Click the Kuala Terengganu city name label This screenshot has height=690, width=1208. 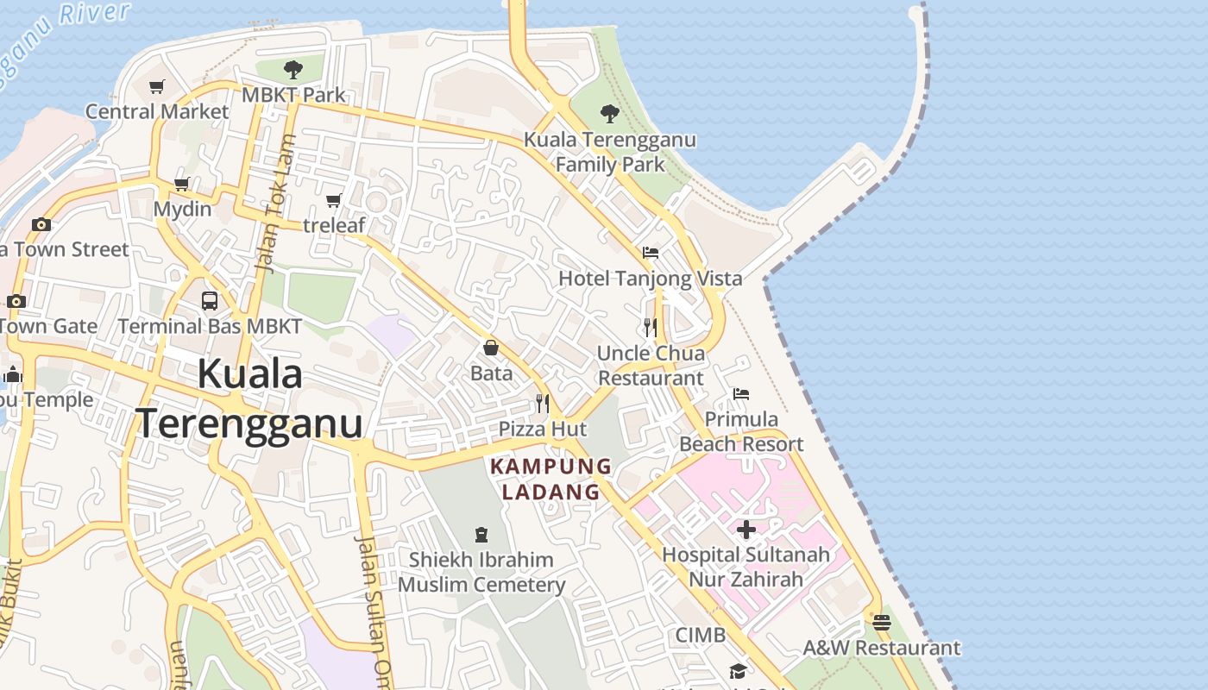pos(250,399)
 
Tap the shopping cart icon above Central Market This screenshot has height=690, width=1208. pos(156,86)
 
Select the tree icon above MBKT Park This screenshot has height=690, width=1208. pos(293,69)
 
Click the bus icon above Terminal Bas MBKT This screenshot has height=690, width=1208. pos(210,301)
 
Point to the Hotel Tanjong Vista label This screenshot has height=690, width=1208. pos(650,278)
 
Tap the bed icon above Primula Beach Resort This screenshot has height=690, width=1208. pos(741,394)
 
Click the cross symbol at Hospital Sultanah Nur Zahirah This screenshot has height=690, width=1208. pos(746,529)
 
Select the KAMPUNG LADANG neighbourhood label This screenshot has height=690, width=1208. pos(551,480)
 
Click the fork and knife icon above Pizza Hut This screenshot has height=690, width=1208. pos(543,403)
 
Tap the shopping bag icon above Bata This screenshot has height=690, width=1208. pos(491,348)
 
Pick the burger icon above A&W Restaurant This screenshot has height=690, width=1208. pos(881,622)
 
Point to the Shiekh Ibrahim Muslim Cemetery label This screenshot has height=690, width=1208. pos(481,572)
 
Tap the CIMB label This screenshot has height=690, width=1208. pos(700,636)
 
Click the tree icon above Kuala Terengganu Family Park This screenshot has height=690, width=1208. pos(610,113)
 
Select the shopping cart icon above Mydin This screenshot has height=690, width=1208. pos(182,184)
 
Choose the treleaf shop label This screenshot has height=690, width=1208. pos(335,225)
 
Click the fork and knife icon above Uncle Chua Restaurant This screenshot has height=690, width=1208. pos(651,328)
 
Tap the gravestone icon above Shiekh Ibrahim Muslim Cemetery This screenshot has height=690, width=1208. pos(481,535)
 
